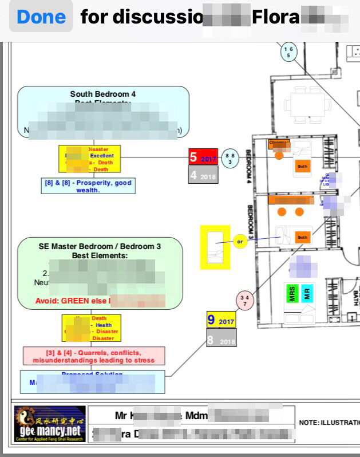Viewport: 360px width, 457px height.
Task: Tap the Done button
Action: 40,17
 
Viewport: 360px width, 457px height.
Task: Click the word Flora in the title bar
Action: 275,17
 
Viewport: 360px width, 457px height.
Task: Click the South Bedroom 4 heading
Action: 103,94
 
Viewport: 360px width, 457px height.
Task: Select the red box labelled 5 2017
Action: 203,157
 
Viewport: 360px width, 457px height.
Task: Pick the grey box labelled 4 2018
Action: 203,175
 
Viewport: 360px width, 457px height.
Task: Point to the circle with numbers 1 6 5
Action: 288,53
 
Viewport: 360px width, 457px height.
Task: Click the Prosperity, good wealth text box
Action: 88,186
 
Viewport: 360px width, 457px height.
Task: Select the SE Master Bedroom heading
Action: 100,246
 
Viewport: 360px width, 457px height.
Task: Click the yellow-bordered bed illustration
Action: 215,247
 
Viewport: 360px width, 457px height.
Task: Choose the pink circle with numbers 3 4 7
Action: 244,301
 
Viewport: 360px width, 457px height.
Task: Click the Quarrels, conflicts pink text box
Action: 94,356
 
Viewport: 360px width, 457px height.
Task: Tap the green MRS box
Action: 292,293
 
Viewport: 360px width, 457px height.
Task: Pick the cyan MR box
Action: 307,293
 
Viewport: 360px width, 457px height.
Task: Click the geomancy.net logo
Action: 50,424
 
